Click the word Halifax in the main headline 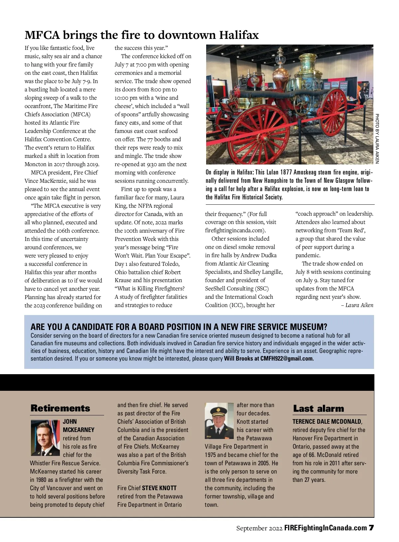point(239,35)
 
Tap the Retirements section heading point(60,408)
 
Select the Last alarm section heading point(318,409)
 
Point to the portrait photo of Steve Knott point(219,421)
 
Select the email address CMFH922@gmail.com point(287,358)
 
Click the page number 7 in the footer point(371,528)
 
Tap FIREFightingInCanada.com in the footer point(326,528)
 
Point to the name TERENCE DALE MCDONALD point(327,421)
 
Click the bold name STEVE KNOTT point(159,488)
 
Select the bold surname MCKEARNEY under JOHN point(78,430)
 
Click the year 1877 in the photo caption point(286,172)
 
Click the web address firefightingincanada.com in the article point(235,230)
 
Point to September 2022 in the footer point(259,528)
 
